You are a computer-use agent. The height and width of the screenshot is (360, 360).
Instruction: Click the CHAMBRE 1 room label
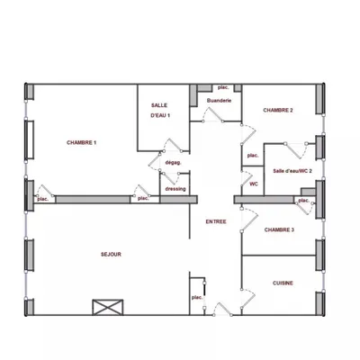coord(82,143)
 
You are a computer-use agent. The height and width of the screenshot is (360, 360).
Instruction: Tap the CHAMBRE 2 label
coord(278,110)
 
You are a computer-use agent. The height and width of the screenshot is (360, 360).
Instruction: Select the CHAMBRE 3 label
coord(279,230)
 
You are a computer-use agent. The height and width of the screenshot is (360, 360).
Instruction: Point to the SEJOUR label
coord(111,255)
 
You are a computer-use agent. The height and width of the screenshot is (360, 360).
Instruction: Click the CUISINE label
coord(283,283)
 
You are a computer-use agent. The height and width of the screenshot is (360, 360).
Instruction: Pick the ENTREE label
coord(215,221)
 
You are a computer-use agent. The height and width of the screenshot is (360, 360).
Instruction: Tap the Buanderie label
coord(219,102)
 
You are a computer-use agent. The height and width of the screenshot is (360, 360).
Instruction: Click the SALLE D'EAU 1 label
coord(160,111)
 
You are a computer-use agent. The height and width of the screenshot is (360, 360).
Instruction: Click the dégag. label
coord(174,162)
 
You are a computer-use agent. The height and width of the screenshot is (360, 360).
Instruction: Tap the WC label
coord(254,184)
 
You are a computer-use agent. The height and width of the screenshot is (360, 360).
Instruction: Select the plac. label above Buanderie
coord(223,87)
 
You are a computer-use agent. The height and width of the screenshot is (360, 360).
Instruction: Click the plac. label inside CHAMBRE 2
coord(253,156)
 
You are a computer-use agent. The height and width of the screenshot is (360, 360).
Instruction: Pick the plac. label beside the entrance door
coord(195,297)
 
